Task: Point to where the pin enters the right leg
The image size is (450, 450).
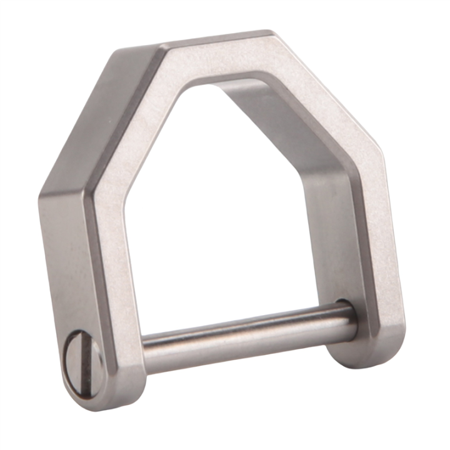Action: [343, 316]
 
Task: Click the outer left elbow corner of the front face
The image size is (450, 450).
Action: [87, 187]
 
